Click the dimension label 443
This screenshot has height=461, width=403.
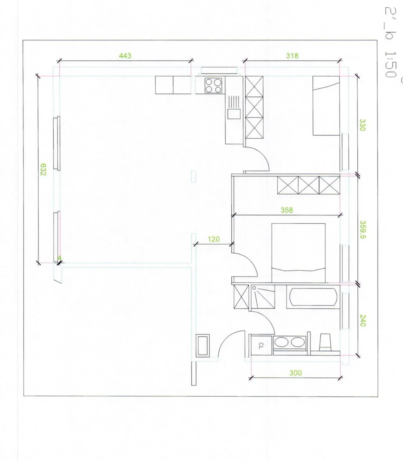[125, 56]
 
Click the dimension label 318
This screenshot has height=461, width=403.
[292, 56]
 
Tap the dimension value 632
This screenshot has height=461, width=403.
[43, 169]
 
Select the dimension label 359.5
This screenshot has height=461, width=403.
[362, 230]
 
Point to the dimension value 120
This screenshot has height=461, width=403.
[214, 239]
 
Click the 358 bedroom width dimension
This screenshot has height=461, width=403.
[287, 210]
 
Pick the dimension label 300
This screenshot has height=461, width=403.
[296, 373]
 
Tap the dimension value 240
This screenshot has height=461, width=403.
[362, 320]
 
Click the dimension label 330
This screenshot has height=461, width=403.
[362, 125]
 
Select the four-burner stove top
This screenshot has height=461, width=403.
[213, 85]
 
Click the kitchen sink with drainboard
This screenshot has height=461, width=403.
[234, 108]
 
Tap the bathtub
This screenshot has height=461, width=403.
[313, 297]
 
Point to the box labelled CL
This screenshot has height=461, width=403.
[261, 346]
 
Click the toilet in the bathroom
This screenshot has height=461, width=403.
[325, 342]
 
